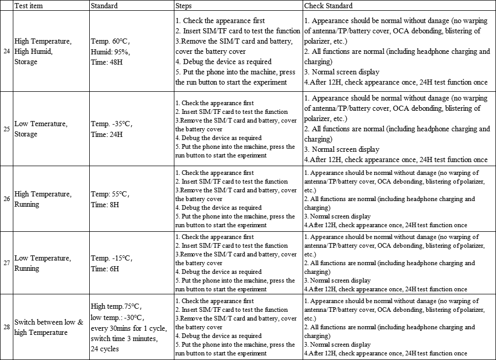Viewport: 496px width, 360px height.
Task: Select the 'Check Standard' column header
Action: click(x=328, y=6)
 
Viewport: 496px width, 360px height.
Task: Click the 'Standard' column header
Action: click(x=104, y=6)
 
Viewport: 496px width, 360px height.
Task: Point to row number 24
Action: click(x=7, y=51)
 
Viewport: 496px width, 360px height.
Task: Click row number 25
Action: click(x=7, y=129)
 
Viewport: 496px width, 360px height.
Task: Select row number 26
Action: click(x=7, y=199)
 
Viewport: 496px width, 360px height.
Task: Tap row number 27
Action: click(x=7, y=263)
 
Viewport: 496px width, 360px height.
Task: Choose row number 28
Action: click(x=7, y=327)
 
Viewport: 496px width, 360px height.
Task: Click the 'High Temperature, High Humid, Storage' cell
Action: click(x=43, y=51)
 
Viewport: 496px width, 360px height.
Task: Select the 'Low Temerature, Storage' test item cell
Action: click(x=41, y=129)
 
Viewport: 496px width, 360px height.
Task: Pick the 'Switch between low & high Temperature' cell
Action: click(x=48, y=327)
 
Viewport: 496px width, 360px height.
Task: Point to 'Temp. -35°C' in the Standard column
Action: click(x=111, y=124)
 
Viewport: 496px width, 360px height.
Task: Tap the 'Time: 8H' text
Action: click(x=105, y=205)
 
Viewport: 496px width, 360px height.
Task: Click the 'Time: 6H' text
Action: click(x=105, y=269)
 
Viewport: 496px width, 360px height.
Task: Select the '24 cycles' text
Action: click(x=105, y=349)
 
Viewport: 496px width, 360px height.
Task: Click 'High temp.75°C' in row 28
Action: click(x=115, y=306)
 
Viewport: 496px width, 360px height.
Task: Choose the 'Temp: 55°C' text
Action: click(x=110, y=194)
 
